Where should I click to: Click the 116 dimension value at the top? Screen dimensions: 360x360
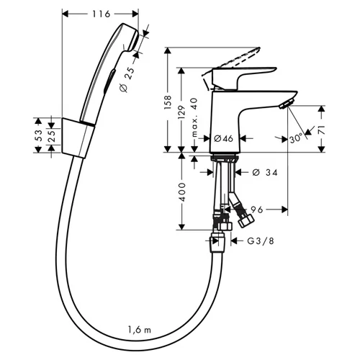101,14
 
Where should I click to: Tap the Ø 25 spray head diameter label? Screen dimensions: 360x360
127,79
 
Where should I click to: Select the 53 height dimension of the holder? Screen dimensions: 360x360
39,135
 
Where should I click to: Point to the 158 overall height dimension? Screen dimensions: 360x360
168,102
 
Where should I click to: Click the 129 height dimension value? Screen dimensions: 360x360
181,112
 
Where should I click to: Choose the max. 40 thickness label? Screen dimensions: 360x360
194,117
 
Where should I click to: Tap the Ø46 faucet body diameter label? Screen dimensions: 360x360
223,138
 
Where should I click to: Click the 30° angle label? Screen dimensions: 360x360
296,138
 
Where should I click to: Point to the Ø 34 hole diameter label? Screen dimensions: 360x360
265,172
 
